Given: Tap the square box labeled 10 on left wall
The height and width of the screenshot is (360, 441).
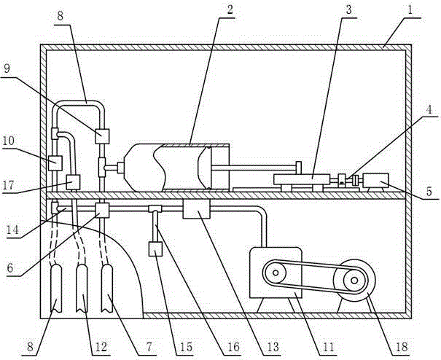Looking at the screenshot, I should (x=54, y=162).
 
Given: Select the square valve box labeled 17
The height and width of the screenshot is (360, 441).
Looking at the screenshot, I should (x=73, y=181).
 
